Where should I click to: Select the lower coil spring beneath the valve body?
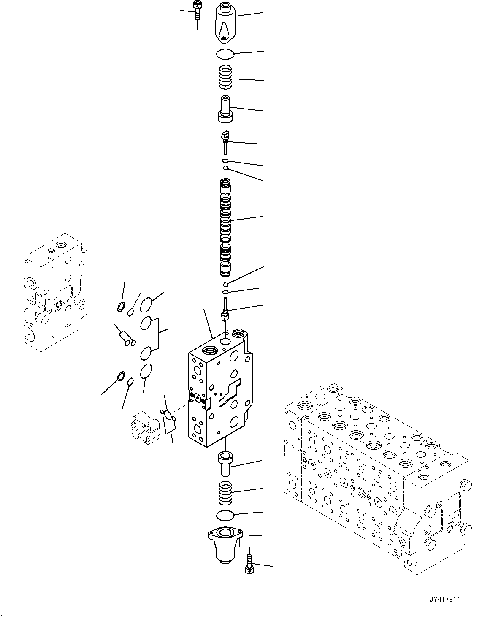[x=225, y=492]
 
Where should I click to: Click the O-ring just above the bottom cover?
[x=225, y=516]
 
